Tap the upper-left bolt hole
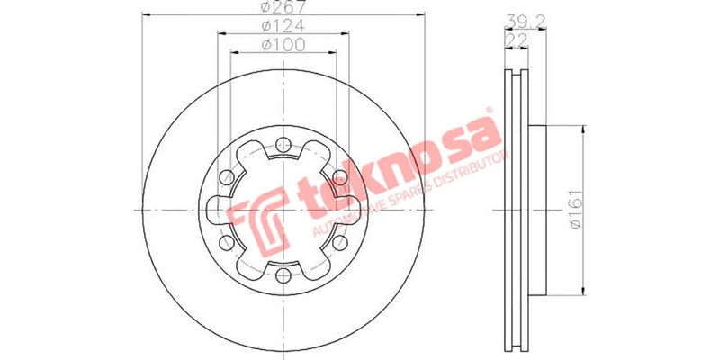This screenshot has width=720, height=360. click(x=228, y=176)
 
